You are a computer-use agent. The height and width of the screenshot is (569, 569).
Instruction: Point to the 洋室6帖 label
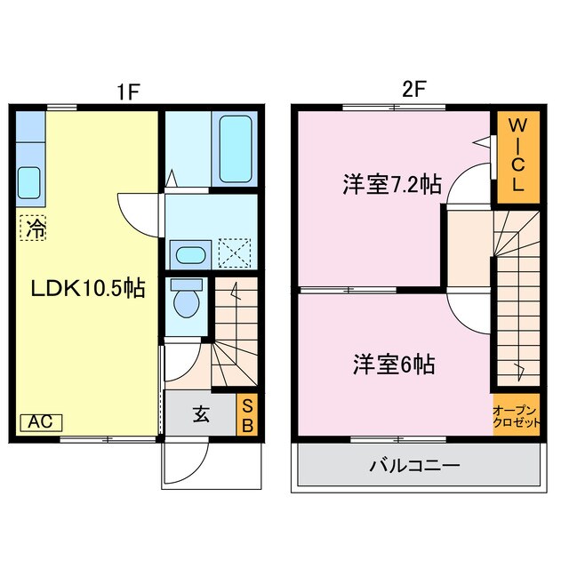point(394,364)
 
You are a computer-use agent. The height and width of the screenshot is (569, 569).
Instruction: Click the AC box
point(35,422)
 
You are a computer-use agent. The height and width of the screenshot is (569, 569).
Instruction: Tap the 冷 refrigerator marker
point(34,228)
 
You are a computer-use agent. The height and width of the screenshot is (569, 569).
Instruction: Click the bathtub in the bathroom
point(236,148)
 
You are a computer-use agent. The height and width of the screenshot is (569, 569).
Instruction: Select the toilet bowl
point(187,301)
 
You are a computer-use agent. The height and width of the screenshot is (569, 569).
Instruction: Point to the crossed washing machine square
point(234,252)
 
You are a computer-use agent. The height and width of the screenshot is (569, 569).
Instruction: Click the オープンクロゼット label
point(517,416)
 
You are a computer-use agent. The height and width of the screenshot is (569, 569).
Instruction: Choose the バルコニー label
point(414,465)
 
